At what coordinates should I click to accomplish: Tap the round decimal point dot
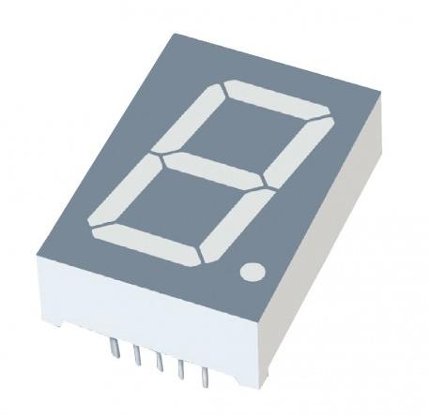(x=252, y=273)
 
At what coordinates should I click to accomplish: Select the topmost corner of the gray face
(x=174, y=28)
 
